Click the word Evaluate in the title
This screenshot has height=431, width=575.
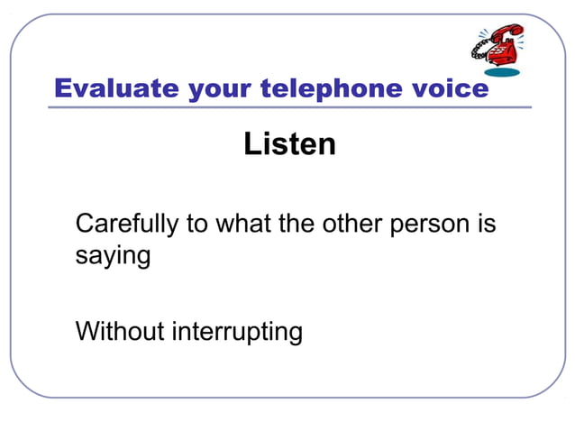click(x=116, y=88)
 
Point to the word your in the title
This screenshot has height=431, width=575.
click(x=221, y=88)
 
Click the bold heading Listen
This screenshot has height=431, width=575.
click(x=289, y=144)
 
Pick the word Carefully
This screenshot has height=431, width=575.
click(x=127, y=224)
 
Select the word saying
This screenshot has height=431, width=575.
click(x=113, y=256)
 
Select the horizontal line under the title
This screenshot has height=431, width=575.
click(x=288, y=107)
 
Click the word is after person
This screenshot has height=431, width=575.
click(x=485, y=224)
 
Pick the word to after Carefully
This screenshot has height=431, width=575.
click(x=196, y=224)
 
